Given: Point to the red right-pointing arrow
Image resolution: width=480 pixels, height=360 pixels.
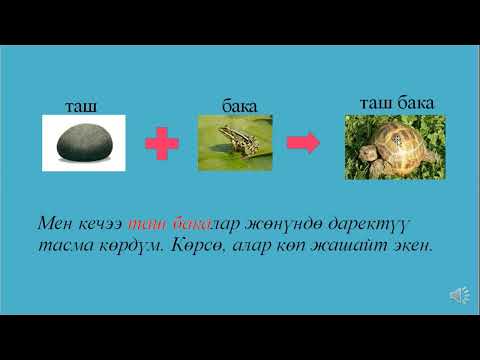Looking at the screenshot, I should click(302, 143).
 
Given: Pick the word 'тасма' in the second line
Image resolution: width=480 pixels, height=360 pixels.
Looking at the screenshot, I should click(66, 244).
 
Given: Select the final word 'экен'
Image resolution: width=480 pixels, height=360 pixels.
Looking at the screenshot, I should click(411, 244).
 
